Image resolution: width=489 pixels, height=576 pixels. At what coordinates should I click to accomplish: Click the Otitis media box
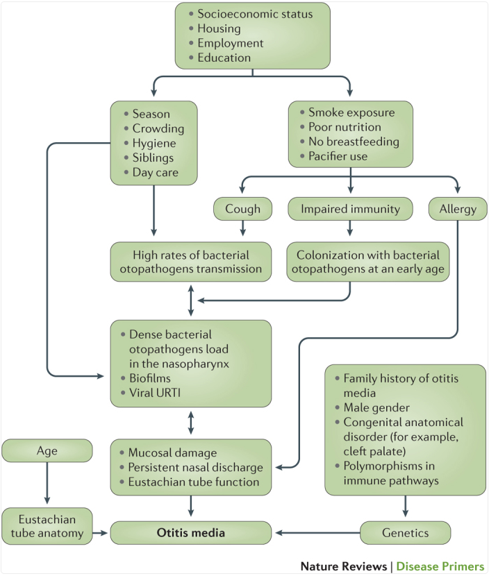click(191, 533)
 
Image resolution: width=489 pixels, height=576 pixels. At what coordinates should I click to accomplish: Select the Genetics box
click(405, 533)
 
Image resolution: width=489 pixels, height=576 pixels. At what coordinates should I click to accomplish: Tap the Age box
click(47, 450)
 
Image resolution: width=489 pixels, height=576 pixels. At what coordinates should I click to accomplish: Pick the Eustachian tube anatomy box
click(47, 526)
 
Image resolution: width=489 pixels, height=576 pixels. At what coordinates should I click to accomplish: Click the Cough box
click(242, 209)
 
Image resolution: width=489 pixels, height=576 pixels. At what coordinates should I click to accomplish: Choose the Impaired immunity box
click(350, 209)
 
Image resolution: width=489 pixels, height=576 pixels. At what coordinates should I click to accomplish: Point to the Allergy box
click(458, 209)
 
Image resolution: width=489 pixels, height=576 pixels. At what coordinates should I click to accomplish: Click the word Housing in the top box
click(219, 28)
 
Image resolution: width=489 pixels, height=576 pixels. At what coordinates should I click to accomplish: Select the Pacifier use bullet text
click(338, 156)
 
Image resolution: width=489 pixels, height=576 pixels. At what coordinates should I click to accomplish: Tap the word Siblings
click(153, 158)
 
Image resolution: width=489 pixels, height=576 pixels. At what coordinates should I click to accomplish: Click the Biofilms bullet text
click(150, 378)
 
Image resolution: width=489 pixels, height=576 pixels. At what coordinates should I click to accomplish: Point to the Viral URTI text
click(155, 393)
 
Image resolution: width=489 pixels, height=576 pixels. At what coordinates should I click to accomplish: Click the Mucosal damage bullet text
click(172, 452)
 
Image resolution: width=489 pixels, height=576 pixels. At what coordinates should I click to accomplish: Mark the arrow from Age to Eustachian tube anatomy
click(47, 483)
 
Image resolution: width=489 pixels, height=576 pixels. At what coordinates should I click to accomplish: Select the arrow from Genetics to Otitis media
click(317, 533)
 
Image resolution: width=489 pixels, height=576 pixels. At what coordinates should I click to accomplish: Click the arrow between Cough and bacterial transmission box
click(242, 228)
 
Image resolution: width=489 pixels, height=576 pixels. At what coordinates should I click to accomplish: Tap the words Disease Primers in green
click(440, 566)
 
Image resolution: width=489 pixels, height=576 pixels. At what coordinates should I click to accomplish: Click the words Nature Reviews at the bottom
click(344, 566)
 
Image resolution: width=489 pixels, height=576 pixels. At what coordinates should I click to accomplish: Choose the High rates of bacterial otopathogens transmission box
click(191, 262)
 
